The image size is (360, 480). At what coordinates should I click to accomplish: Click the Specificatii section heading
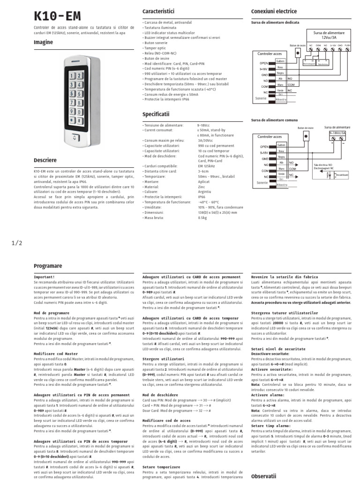pyautogui.click(x=156, y=114)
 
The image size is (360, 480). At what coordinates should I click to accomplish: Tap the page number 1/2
pyautogui.click(x=16, y=242)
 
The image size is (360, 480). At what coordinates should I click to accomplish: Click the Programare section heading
pyautogui.click(x=48, y=266)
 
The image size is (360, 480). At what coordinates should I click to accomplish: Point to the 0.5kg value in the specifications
pyautogui.click(x=202, y=217)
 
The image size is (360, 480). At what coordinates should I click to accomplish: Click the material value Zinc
pyautogui.click(x=202, y=187)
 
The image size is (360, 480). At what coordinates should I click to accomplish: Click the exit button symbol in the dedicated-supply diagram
pyautogui.click(x=297, y=53)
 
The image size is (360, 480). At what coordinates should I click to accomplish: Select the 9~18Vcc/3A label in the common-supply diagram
pyautogui.click(x=337, y=133)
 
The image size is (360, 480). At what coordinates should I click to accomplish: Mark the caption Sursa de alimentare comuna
pyautogui.click(x=274, y=120)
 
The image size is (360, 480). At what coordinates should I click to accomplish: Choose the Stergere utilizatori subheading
pyautogui.click(x=163, y=359)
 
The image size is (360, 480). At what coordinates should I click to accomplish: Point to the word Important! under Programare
pyautogui.click(x=45, y=277)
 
